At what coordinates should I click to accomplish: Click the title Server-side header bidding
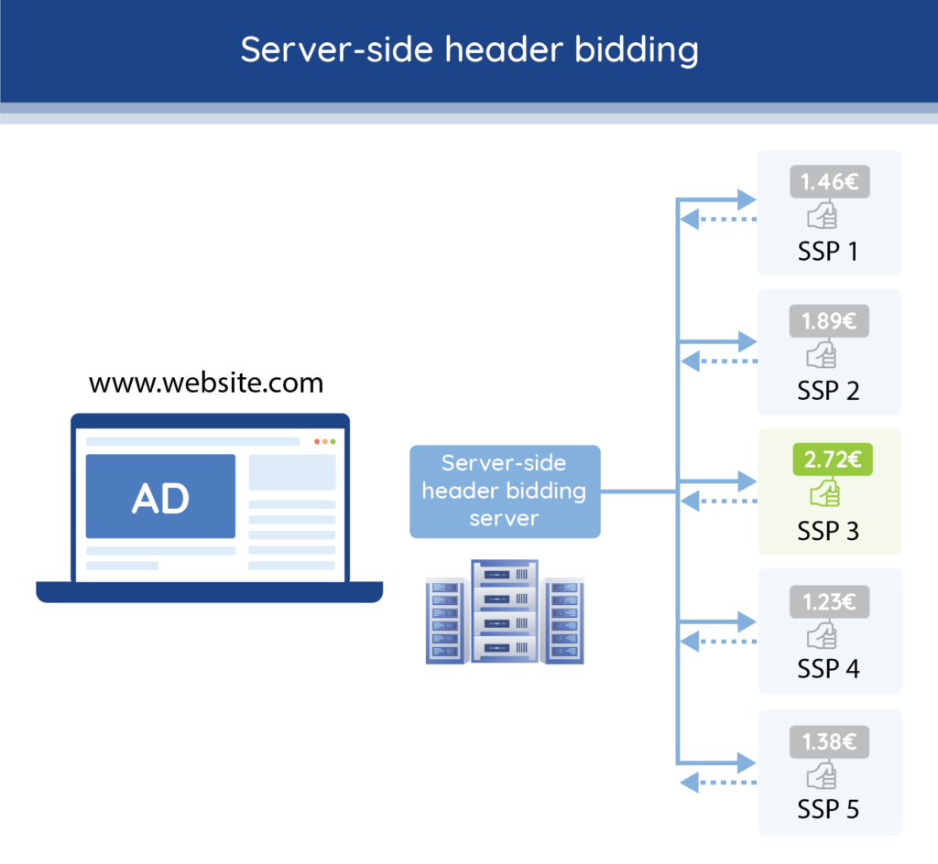pyautogui.click(x=469, y=49)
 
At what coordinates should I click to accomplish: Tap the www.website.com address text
pyautogui.click(x=206, y=382)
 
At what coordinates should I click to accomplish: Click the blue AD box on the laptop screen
pyautogui.click(x=160, y=497)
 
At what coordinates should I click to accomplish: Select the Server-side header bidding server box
pyautogui.click(x=505, y=491)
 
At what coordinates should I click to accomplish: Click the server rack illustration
pyautogui.click(x=505, y=611)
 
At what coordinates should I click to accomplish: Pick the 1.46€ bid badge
pyautogui.click(x=829, y=181)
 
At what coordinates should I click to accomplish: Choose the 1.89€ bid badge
pyautogui.click(x=829, y=321)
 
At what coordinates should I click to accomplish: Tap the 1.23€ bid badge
pyautogui.click(x=829, y=601)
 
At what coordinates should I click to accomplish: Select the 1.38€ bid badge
pyautogui.click(x=829, y=742)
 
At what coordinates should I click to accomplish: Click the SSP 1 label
pyautogui.click(x=828, y=251)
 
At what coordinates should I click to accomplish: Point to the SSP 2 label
pyautogui.click(x=828, y=391)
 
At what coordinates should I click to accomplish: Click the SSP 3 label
pyautogui.click(x=828, y=531)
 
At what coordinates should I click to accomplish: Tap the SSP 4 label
pyautogui.click(x=828, y=669)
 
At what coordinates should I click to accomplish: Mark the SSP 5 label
pyautogui.click(x=828, y=809)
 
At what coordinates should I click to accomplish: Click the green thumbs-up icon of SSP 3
pyautogui.click(x=823, y=494)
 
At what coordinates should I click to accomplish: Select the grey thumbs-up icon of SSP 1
pyautogui.click(x=822, y=216)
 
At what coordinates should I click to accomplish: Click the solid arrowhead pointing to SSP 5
pyautogui.click(x=746, y=761)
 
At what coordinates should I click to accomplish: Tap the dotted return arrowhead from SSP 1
pyautogui.click(x=690, y=220)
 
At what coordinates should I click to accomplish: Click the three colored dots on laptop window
pyautogui.click(x=324, y=442)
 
